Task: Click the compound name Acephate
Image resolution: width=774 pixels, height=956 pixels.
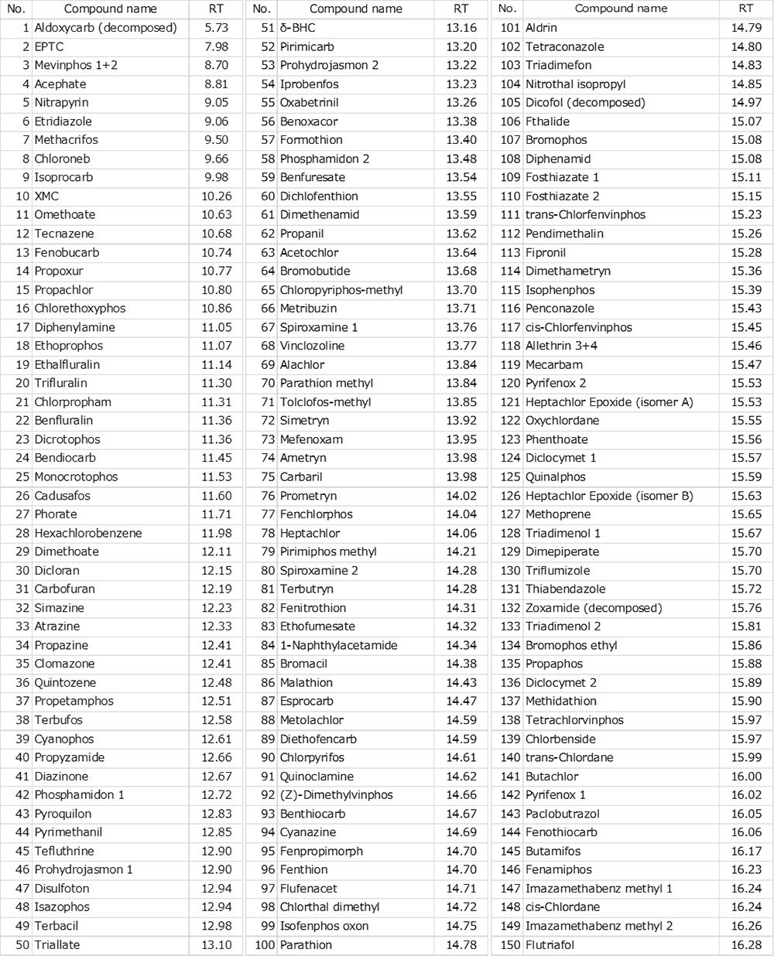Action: [x=60, y=84]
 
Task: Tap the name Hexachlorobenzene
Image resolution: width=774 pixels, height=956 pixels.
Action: [x=88, y=533]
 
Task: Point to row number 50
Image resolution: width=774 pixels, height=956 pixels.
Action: [x=22, y=944]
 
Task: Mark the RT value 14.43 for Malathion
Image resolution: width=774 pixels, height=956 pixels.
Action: [x=461, y=682]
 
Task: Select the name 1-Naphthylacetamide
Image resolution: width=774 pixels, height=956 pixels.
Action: [x=338, y=645]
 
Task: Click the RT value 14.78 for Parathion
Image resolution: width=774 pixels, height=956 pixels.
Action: [x=461, y=944]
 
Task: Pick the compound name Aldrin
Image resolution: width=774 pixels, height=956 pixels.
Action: [x=541, y=28]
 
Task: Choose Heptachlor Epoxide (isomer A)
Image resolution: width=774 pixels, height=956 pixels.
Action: [x=609, y=402]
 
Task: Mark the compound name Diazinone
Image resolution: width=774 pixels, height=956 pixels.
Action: [x=61, y=776]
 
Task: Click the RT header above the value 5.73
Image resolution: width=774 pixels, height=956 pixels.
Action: [x=216, y=9]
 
